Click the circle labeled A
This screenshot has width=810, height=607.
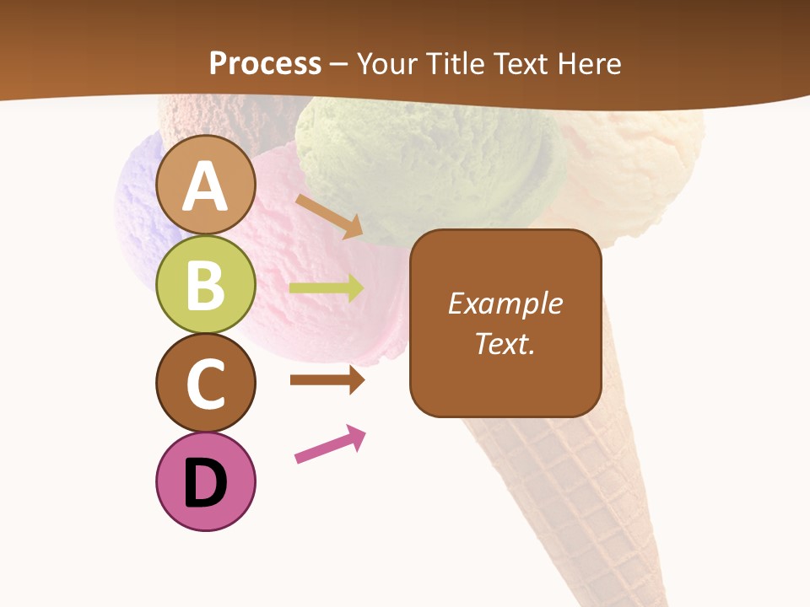click(x=206, y=185)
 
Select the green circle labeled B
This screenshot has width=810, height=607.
click(x=206, y=285)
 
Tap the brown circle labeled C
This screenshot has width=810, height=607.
click(x=206, y=383)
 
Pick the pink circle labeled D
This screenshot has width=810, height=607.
click(x=206, y=482)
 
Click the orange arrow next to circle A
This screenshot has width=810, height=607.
click(x=329, y=214)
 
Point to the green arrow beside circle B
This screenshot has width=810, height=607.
click(x=327, y=288)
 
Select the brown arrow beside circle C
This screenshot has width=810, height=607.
click(x=327, y=380)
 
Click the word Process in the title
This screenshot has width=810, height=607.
click(x=265, y=63)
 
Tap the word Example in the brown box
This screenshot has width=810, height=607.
click(x=505, y=303)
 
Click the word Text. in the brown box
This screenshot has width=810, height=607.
click(x=505, y=343)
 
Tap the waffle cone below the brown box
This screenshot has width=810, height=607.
click(x=574, y=489)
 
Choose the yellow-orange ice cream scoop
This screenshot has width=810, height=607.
click(x=641, y=169)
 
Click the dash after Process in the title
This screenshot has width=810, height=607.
click(x=338, y=64)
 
